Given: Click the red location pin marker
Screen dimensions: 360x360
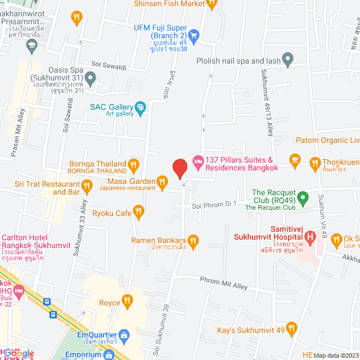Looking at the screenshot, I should pyautogui.click(x=179, y=169).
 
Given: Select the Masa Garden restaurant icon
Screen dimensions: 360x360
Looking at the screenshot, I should pyautogui.click(x=162, y=181).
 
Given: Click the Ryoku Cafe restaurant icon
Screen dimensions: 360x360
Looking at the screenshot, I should pyautogui.click(x=139, y=212).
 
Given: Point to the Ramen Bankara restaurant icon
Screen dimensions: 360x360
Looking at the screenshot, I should pyautogui.click(x=193, y=241).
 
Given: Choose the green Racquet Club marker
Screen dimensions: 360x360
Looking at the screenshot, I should pyautogui.click(x=303, y=197).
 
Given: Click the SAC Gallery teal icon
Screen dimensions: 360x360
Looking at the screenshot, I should pyautogui.click(x=141, y=107).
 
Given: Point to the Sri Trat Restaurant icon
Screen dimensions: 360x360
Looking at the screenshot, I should pyautogui.click(x=87, y=185).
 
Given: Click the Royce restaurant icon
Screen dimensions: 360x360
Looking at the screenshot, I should pyautogui.click(x=129, y=302).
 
